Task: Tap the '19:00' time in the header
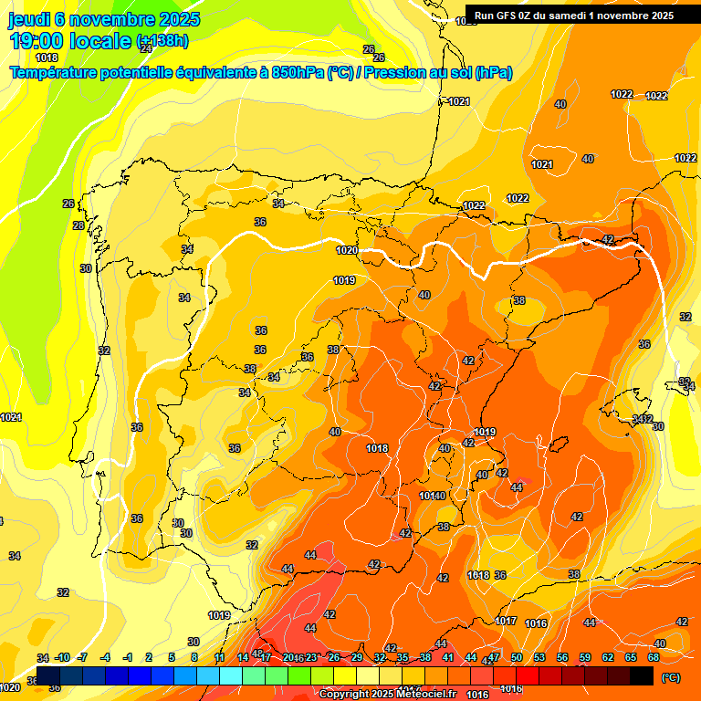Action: [35, 41]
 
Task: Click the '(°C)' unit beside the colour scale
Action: [671, 677]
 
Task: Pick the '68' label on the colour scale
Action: [654, 657]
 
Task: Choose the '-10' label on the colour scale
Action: [63, 657]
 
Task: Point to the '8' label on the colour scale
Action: [194, 657]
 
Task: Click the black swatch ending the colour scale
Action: [642, 675]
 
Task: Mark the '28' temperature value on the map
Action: [78, 225]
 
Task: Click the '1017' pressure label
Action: [506, 621]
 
